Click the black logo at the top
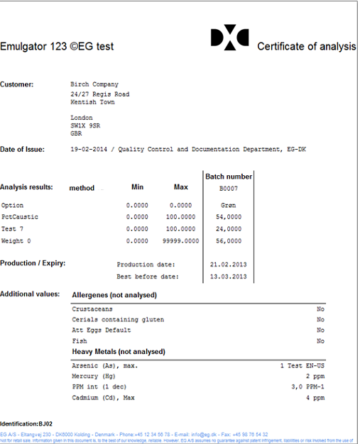click(x=230, y=38)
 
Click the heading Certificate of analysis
click(x=306, y=47)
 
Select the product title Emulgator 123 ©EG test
click(x=57, y=47)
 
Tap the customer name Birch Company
click(x=94, y=84)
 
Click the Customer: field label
click(x=17, y=84)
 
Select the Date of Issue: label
click(x=22, y=149)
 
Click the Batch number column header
click(x=229, y=176)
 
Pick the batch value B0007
click(x=229, y=189)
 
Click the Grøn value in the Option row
click(x=229, y=205)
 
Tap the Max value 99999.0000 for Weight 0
click(x=182, y=240)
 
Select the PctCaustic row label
click(x=20, y=216)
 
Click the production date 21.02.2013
click(x=229, y=264)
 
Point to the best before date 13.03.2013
click(x=229, y=276)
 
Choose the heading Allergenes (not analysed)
click(x=114, y=294)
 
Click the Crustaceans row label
click(x=92, y=309)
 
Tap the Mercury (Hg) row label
click(x=94, y=377)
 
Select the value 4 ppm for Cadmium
click(x=315, y=398)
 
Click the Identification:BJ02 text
click(x=26, y=423)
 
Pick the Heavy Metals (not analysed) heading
click(x=119, y=352)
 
